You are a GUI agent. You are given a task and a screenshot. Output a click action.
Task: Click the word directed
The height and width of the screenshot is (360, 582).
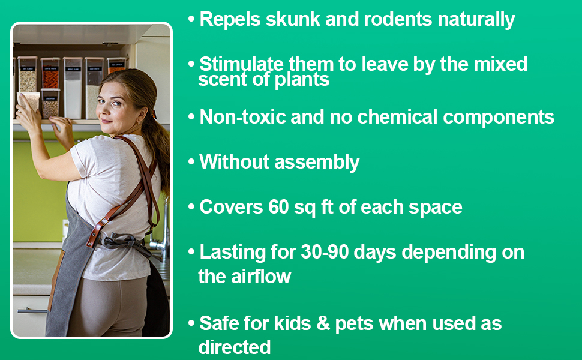(x=235, y=347)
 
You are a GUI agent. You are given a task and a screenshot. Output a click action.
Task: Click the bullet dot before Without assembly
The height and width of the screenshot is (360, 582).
(x=191, y=162)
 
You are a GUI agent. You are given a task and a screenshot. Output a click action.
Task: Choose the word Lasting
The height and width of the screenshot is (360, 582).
(x=233, y=252)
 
